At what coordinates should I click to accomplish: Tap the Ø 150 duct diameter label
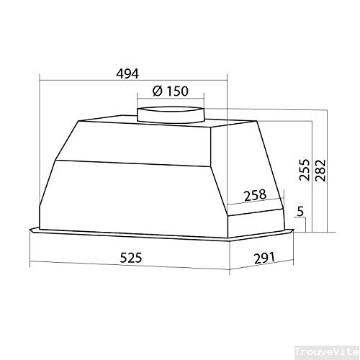pos(171,91)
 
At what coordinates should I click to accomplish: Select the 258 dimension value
pos(255,194)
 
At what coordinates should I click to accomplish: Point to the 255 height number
pos(304,169)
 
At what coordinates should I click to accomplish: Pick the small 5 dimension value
pos(300,212)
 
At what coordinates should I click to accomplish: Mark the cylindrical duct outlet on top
pos(171,113)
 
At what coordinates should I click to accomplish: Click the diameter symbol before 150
pos(157,91)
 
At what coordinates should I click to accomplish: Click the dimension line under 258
pos(256,203)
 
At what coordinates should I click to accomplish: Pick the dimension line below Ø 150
pos(171,99)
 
